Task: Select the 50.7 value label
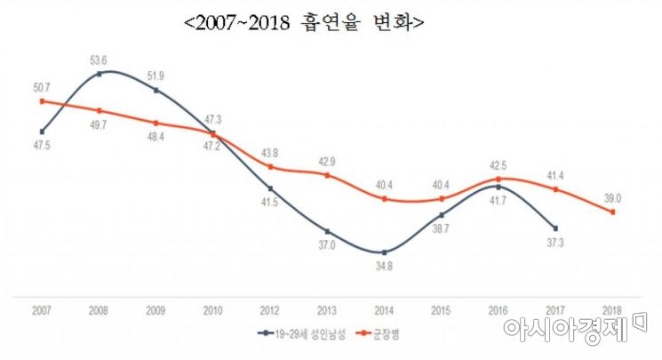(x=41, y=85)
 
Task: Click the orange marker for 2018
(x=613, y=212)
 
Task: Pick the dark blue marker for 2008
(x=99, y=74)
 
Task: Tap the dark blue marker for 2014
(x=384, y=252)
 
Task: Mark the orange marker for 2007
(x=42, y=101)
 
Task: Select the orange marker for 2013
(x=327, y=175)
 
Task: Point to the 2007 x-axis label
(x=42, y=309)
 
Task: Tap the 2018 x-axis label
(x=613, y=309)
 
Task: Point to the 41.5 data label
(x=270, y=204)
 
